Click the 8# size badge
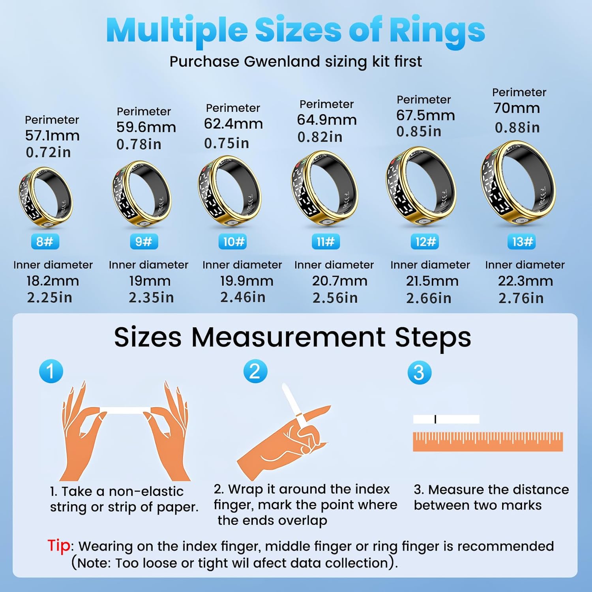click(x=45, y=242)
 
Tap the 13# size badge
click(x=523, y=242)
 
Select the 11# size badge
click(x=326, y=242)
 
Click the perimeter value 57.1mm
click(x=52, y=136)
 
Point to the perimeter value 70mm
click(x=517, y=108)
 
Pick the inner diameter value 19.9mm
click(x=247, y=281)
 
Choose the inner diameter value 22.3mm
click(x=525, y=281)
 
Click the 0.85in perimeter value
click(x=419, y=131)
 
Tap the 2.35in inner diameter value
click(x=151, y=298)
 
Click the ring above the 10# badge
click(x=230, y=192)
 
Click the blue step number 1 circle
click(x=51, y=371)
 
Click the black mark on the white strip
click(x=435, y=419)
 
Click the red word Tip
click(x=59, y=546)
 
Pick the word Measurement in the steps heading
click(x=289, y=337)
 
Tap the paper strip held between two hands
click(x=125, y=410)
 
